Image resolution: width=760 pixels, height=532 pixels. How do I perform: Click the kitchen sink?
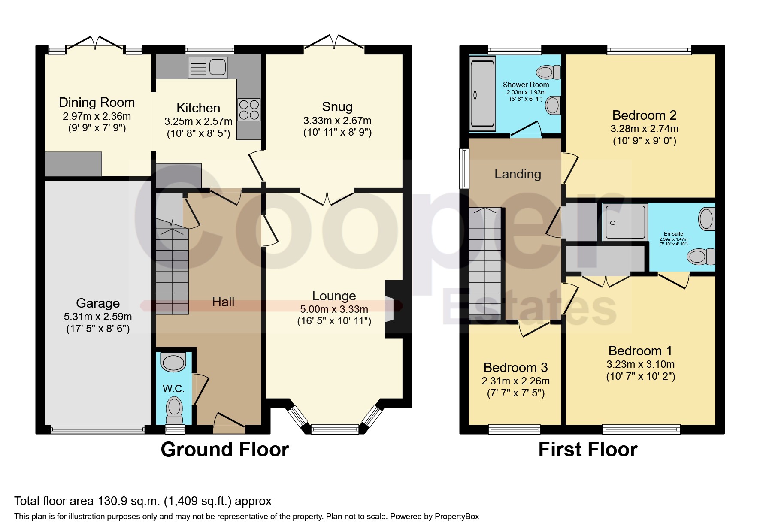208,67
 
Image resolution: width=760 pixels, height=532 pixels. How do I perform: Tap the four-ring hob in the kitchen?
249,109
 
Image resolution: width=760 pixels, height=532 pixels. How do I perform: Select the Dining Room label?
97,103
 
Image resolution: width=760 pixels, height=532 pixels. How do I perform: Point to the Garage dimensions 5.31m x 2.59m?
98,317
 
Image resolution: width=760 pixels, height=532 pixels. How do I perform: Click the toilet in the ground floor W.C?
174,410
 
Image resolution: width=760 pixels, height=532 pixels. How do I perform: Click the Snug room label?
337,106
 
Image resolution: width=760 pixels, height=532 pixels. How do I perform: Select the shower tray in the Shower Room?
482,94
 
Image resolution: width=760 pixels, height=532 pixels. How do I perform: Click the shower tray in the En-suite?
625,222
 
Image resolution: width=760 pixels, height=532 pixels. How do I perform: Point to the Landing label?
518,174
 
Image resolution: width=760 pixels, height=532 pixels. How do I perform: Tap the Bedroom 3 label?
515,367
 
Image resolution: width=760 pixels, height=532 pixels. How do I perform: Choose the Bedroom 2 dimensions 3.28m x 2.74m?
645,129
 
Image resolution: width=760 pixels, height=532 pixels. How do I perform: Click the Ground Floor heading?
225,450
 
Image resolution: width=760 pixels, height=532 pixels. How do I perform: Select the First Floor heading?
588,450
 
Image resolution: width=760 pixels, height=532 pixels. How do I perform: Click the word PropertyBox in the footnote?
457,517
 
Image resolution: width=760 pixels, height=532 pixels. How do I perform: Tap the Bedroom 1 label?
640,351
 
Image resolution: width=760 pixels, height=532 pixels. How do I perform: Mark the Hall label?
223,302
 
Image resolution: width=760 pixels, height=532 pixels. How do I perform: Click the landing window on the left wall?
464,169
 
